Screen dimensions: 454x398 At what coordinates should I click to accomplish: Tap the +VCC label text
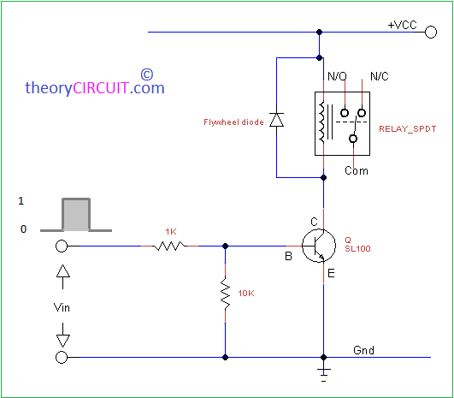coord(402,25)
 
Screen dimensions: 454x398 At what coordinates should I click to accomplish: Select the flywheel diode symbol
coord(276,120)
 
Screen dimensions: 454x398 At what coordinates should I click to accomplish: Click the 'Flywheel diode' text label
coord(233,122)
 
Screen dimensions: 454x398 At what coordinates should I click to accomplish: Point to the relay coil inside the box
coord(321,122)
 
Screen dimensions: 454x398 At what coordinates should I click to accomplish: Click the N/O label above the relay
coord(337,76)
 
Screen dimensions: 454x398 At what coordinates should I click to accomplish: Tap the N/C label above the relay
coord(380,76)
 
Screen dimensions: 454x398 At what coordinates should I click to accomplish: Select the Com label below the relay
coord(357,170)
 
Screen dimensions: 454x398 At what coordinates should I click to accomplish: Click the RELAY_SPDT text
coord(407,129)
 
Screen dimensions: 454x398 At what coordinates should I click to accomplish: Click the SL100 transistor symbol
coord(319,246)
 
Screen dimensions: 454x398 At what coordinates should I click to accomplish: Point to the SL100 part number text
coord(357,249)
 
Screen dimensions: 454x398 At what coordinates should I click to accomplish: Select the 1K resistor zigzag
coord(169,247)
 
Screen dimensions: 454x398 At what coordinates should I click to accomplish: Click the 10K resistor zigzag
coord(225,293)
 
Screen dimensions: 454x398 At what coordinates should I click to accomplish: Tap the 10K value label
coord(246,294)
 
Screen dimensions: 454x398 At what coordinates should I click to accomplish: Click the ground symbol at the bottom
coord(324,374)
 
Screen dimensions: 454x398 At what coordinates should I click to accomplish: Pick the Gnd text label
coord(363,350)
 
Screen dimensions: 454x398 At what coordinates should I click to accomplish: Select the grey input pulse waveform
coord(76,215)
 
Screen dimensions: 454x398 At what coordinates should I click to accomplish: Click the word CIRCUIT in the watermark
coord(101,87)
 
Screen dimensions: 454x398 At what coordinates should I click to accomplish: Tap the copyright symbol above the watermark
coord(147,74)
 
